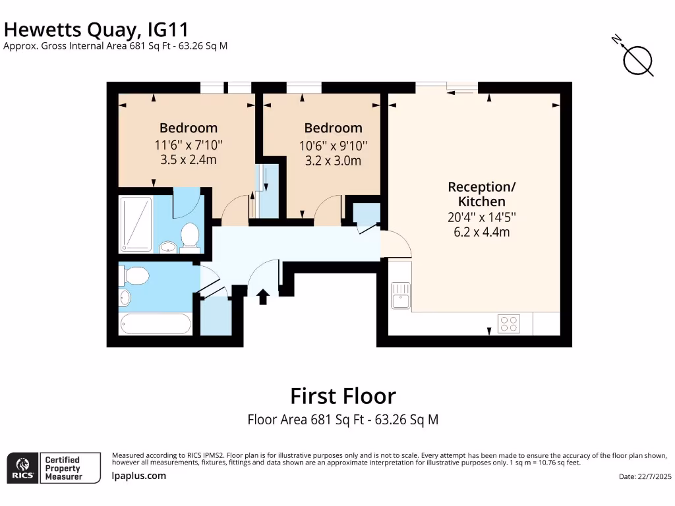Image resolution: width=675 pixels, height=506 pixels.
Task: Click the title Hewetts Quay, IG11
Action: point(97,29)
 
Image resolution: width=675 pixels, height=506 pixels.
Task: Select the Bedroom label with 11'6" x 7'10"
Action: point(189,128)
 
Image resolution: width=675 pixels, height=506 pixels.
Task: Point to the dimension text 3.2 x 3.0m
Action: point(333,160)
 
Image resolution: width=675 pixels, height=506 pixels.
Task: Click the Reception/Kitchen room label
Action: point(482,194)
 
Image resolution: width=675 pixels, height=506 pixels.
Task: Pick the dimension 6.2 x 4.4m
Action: point(482,231)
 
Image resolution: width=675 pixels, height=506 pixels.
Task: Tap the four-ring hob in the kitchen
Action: point(509,323)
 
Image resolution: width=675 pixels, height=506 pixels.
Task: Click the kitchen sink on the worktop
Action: point(400,295)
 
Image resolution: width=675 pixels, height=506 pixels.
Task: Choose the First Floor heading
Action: point(343,396)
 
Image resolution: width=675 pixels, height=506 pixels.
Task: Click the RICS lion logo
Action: point(22,468)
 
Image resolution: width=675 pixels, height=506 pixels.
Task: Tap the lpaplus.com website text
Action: point(139,476)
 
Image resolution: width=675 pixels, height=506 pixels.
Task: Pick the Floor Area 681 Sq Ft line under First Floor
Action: point(343,419)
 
